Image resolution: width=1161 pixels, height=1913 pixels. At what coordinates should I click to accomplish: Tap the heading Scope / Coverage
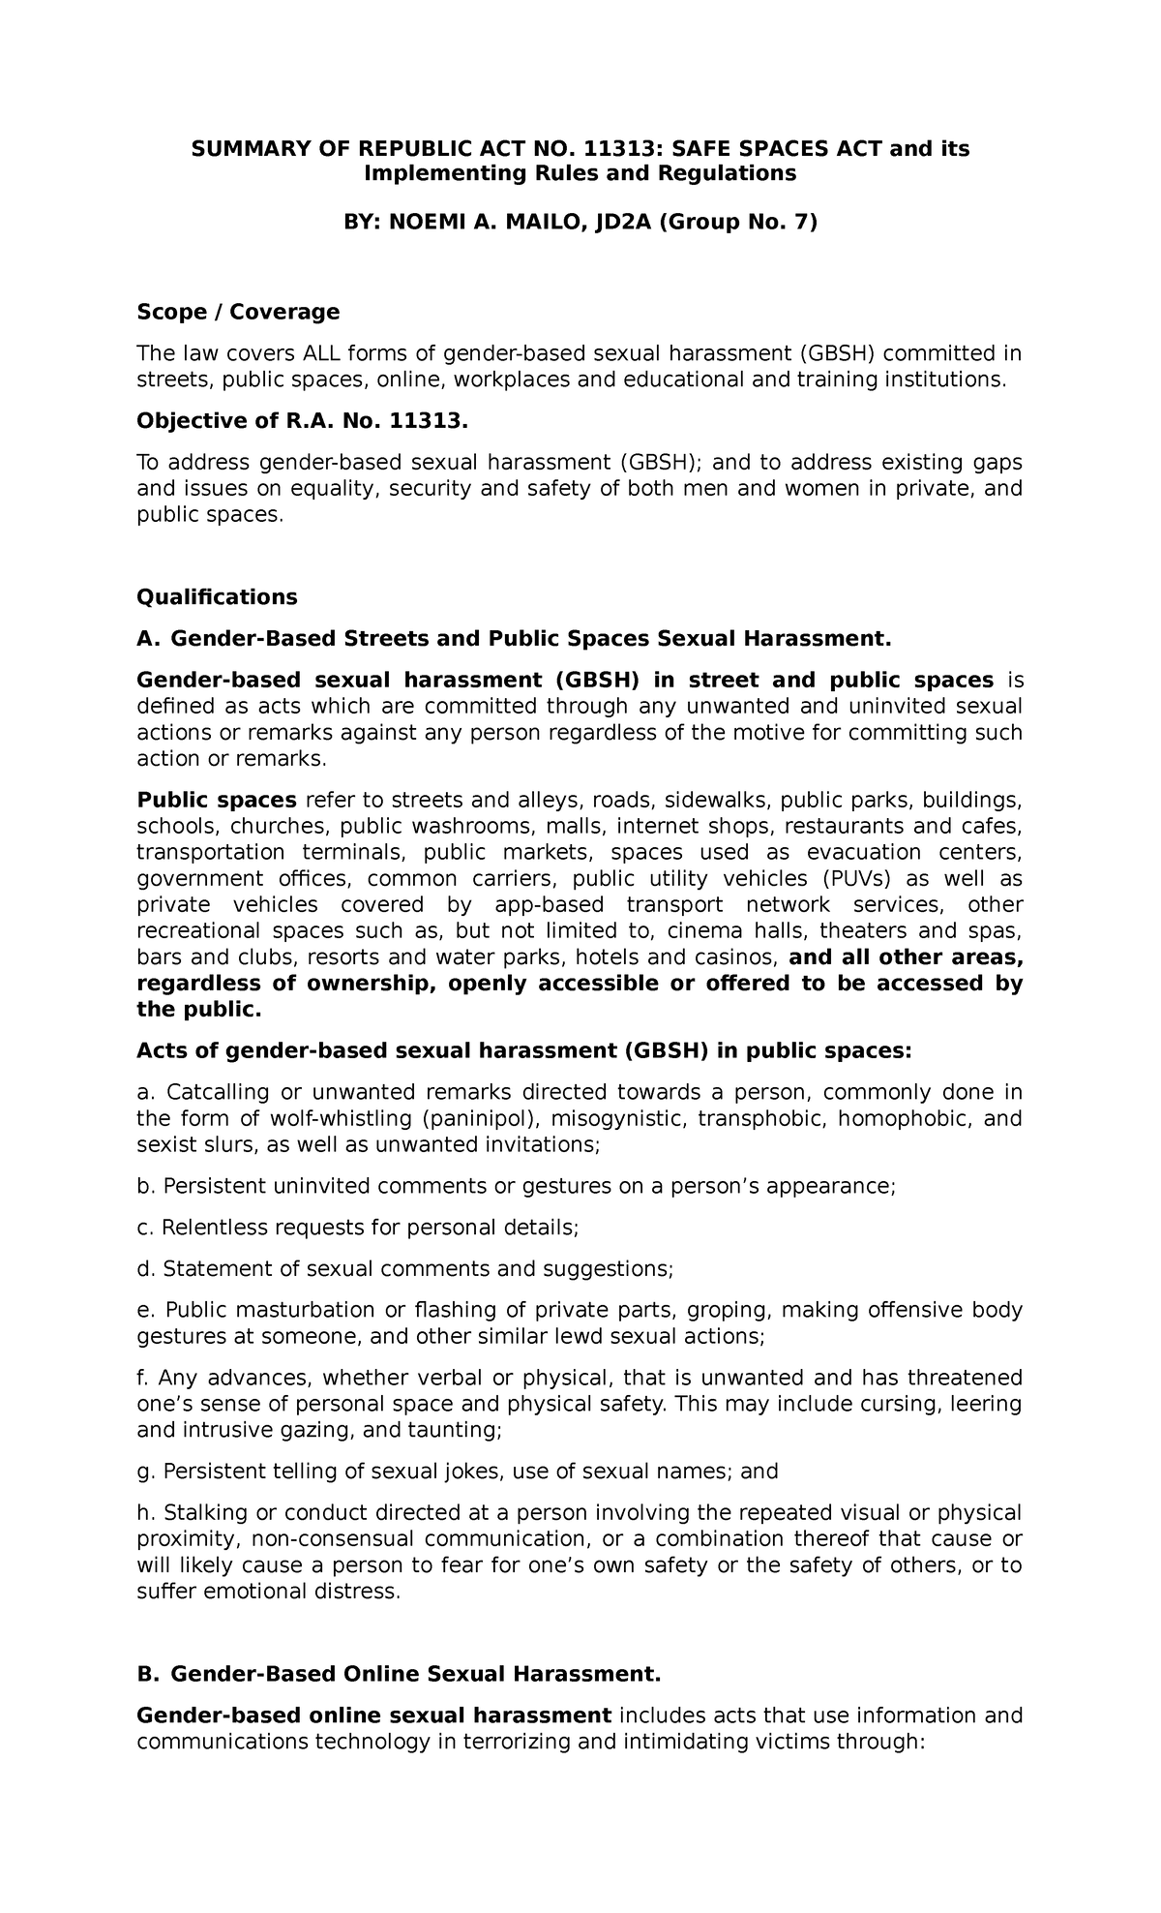click(238, 312)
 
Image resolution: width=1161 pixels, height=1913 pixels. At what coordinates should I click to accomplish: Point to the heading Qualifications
click(217, 596)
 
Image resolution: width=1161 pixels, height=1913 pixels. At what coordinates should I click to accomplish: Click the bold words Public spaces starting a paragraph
click(217, 800)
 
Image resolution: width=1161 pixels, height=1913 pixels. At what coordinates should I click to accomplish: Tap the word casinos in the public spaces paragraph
click(742, 958)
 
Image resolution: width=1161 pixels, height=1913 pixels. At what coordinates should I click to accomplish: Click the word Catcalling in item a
click(218, 1092)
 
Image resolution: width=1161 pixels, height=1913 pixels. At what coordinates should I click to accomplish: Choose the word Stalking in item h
click(202, 1513)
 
